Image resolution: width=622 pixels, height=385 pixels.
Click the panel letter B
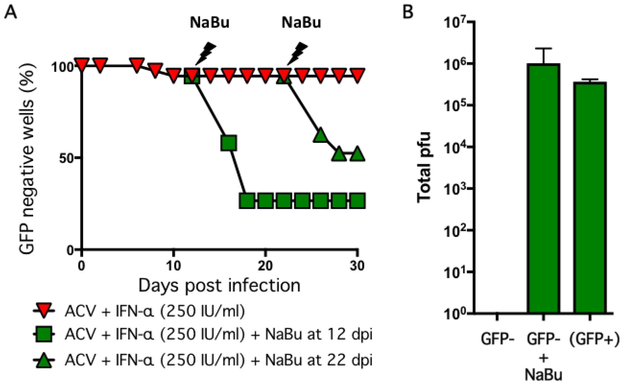coord(408,12)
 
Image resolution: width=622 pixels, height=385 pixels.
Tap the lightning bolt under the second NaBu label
coord(298,53)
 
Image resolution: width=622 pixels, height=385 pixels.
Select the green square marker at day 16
coord(229,143)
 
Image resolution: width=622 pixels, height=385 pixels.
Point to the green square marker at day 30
coord(357,201)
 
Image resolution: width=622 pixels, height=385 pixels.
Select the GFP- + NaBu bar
coord(544,189)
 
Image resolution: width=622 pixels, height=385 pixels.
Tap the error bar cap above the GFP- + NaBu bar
coord(544,48)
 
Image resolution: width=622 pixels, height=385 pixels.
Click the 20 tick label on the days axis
coord(265,266)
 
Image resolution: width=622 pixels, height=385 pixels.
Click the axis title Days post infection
coord(219,285)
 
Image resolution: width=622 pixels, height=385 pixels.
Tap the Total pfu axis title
coord(423,168)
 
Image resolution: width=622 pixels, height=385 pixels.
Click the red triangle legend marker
coord(44,311)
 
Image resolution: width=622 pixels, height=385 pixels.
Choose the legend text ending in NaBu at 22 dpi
coord(218,360)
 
